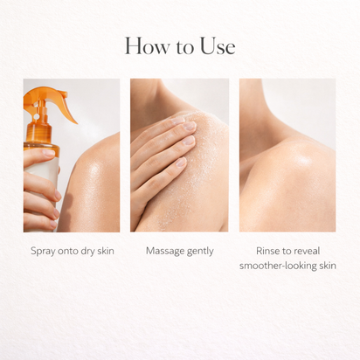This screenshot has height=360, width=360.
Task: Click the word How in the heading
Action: coord(142,46)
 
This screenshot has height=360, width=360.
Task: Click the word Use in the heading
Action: coord(217,46)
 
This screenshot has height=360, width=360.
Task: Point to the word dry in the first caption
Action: coord(88,252)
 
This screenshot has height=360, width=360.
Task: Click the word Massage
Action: coord(163,251)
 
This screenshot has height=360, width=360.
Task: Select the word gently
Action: coord(200,252)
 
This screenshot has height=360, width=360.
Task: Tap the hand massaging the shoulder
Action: coord(162,144)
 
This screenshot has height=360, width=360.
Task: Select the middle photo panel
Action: coord(179,155)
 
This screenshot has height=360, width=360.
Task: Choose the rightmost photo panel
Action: coord(287,155)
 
